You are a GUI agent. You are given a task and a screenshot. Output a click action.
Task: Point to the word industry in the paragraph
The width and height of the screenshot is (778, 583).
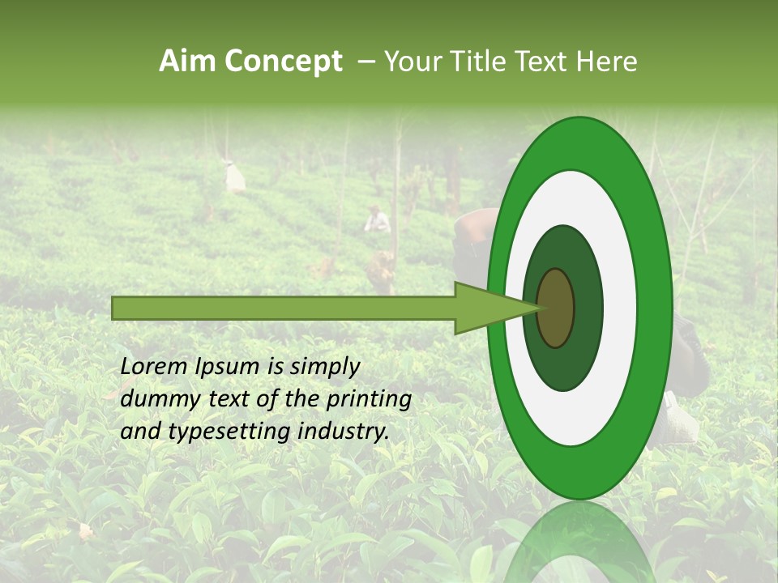click(344, 432)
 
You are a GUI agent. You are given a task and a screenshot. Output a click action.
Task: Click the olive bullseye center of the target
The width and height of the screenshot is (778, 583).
click(555, 308)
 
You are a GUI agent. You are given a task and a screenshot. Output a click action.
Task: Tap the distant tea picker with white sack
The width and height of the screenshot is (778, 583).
click(235, 177)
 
